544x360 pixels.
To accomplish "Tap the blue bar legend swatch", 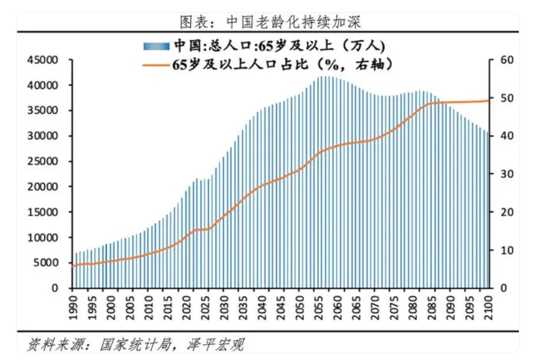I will coord(157,46).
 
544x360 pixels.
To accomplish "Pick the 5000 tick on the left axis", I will coord(45,262).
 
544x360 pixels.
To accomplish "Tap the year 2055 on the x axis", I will coord(323,305).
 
